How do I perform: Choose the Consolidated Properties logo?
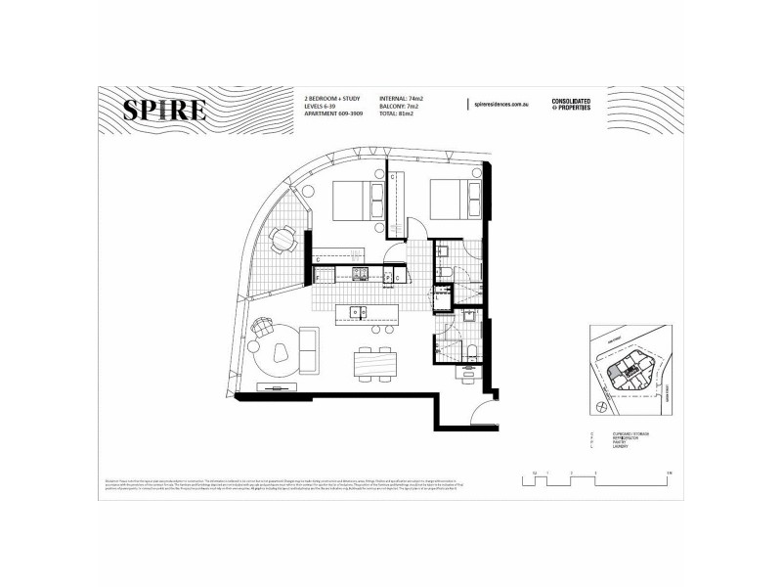[x=574, y=104]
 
